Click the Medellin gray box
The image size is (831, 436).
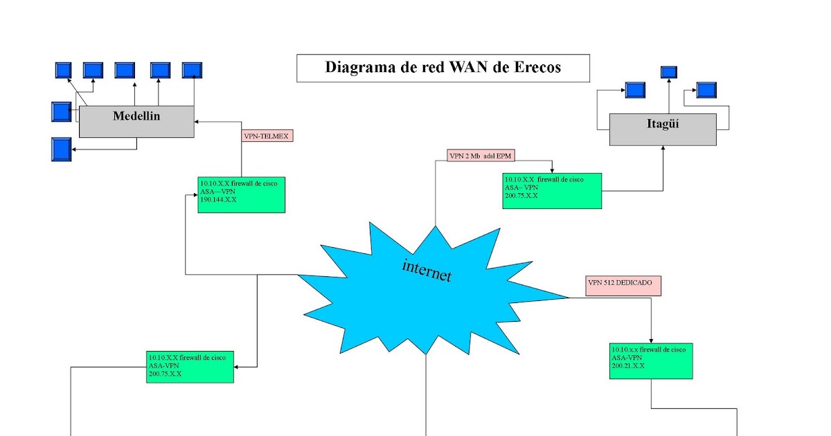(136, 121)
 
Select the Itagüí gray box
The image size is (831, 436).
(663, 129)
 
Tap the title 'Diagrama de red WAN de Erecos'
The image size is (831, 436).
(443, 68)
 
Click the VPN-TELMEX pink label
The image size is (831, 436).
(267, 136)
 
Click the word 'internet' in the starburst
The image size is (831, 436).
(427, 270)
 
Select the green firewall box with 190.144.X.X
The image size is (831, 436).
(241, 194)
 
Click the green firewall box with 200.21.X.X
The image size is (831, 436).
(651, 361)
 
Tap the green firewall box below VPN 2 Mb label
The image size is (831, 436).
(552, 190)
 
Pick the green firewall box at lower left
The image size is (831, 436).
(190, 367)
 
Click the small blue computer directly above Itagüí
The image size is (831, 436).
(669, 72)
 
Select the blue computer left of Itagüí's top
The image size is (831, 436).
(635, 90)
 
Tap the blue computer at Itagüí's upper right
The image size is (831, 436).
(706, 90)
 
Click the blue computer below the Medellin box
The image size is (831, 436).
(62, 149)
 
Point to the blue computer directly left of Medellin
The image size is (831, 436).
(61, 111)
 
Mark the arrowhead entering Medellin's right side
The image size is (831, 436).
(197, 122)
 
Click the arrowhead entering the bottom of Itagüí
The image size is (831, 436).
(663, 148)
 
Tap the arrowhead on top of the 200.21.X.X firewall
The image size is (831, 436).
(651, 340)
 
